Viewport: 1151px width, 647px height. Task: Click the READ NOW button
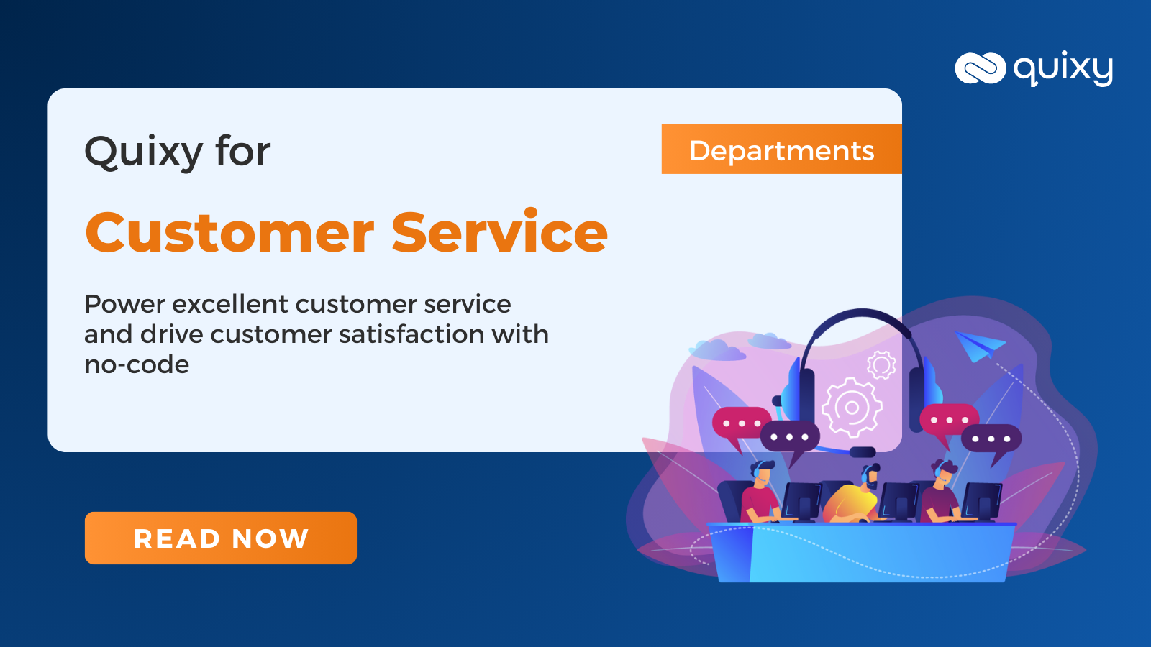[220, 538]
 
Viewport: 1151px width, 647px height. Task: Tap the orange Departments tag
[781, 150]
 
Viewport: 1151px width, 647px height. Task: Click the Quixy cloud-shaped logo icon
[980, 69]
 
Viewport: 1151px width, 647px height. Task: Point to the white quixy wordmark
[1063, 69]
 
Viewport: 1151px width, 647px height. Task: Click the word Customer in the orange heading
[229, 233]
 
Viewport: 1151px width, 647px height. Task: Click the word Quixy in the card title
[144, 152]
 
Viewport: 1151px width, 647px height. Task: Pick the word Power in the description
[124, 304]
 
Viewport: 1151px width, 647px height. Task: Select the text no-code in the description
[137, 364]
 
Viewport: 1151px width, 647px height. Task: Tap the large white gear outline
[852, 407]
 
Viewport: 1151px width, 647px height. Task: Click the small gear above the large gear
[881, 365]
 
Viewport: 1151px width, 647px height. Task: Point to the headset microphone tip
[863, 452]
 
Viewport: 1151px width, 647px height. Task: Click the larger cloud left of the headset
[716, 350]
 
